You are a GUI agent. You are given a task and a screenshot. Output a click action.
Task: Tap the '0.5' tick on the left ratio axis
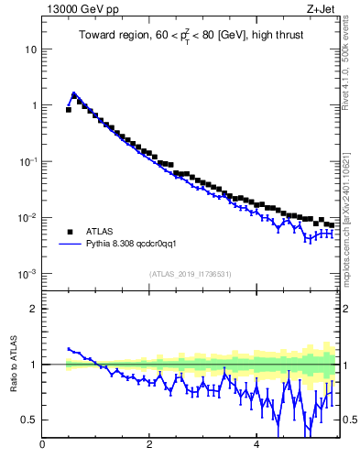(x=30, y=420)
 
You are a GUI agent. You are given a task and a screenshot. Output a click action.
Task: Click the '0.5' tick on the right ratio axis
(x=350, y=420)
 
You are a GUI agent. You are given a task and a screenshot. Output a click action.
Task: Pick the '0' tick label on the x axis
(x=42, y=444)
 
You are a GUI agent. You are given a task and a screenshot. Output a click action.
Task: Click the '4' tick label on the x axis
(x=256, y=444)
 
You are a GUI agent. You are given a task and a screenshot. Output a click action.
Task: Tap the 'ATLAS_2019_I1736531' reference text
(x=191, y=274)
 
